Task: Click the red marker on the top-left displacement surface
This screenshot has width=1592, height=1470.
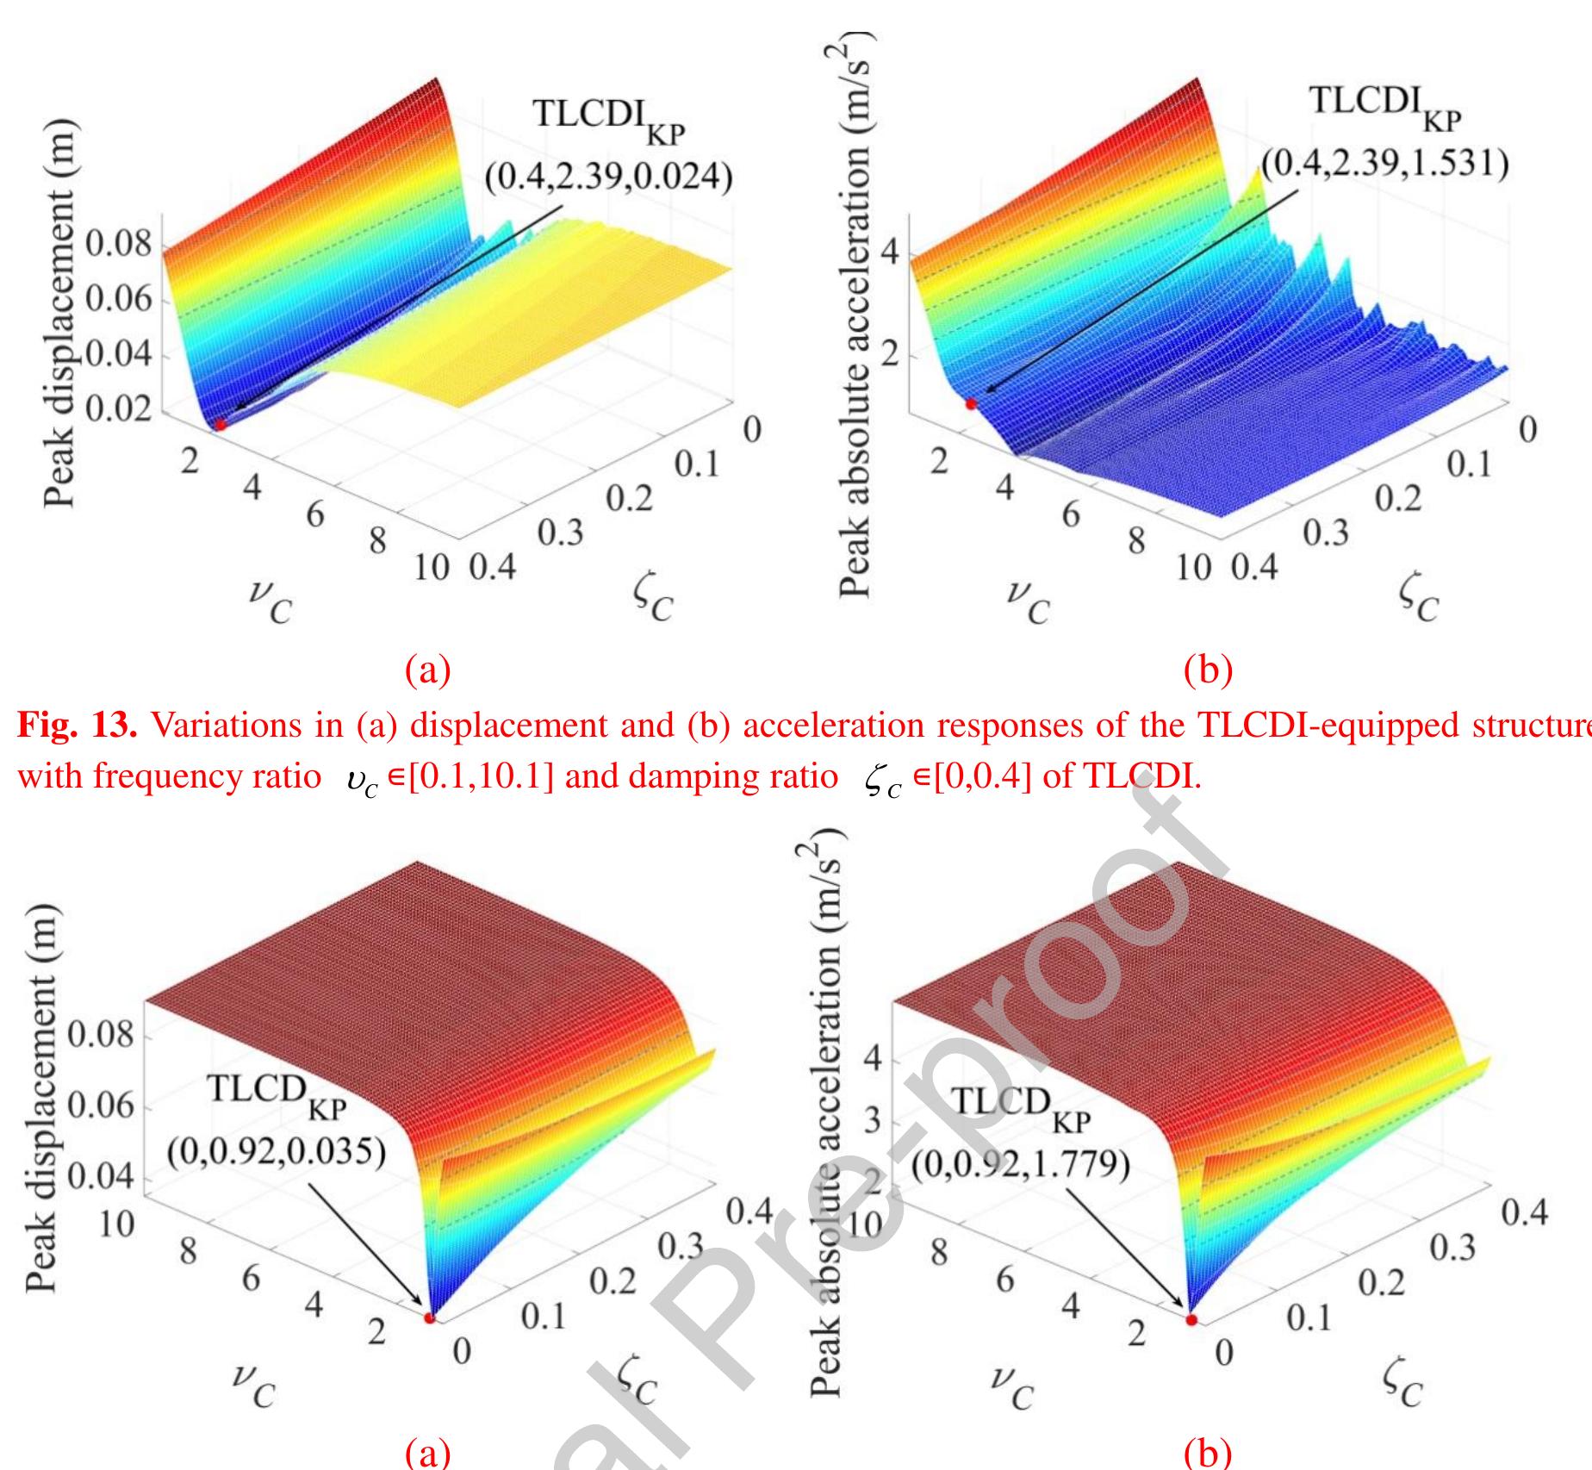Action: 221,424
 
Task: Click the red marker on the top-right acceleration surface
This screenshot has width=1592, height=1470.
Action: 971,403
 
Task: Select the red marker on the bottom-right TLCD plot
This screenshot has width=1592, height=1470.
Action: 1191,1319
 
